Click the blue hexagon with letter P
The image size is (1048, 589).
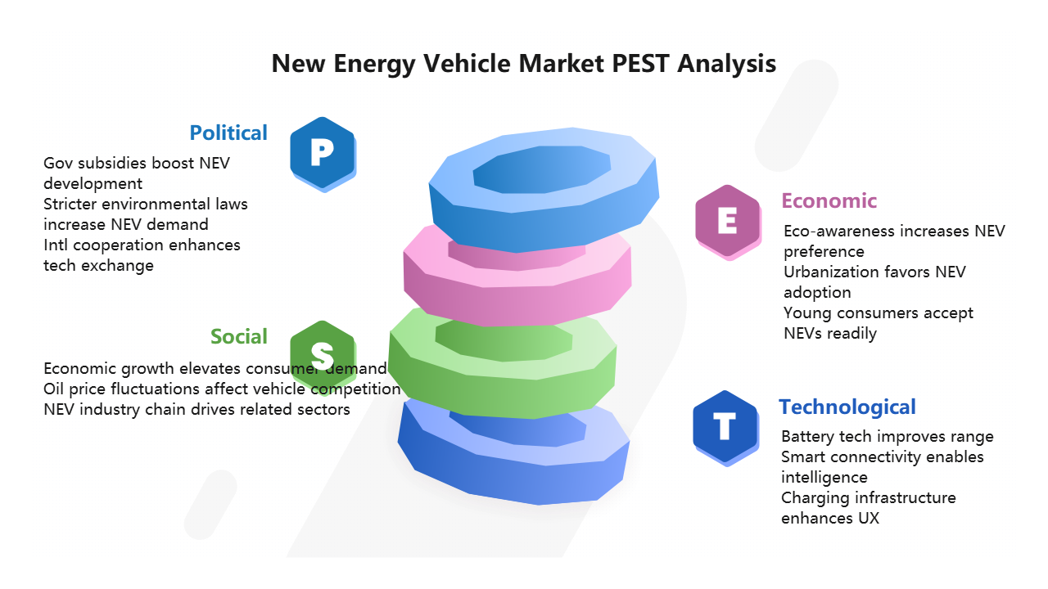pos(323,153)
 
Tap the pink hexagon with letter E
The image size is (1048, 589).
pos(728,222)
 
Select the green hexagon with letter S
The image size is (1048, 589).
pos(323,355)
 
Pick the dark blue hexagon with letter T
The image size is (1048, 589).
pos(725,427)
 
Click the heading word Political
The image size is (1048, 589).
pos(228,133)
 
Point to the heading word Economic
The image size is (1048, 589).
pos(829,200)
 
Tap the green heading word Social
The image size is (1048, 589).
pos(238,336)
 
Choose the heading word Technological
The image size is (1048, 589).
pos(847,407)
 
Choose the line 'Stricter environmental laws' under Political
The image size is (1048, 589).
pos(146,204)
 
